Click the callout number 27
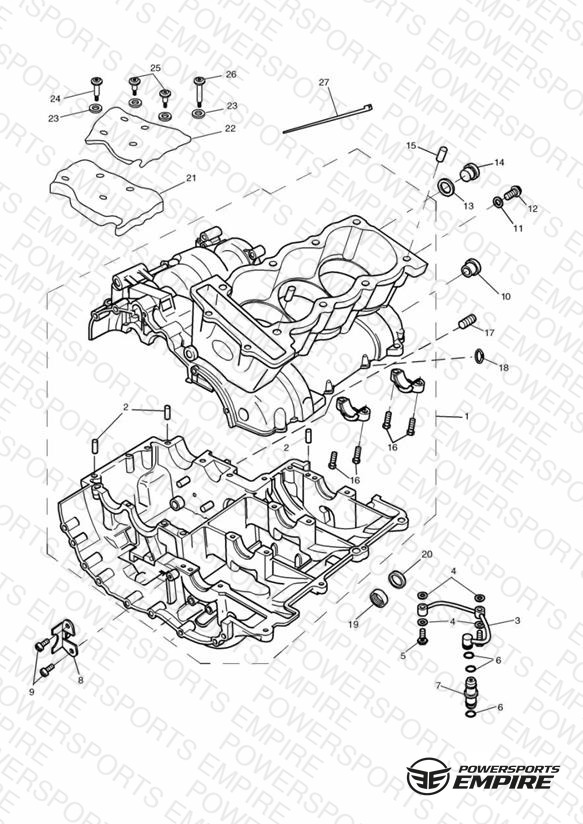(324, 83)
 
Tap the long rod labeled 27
(328, 119)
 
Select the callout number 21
(191, 178)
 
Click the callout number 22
(230, 129)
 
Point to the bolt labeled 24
(97, 88)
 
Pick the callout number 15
(411, 146)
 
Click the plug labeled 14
(469, 172)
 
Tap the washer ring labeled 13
(447, 186)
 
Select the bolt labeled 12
(513, 193)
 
